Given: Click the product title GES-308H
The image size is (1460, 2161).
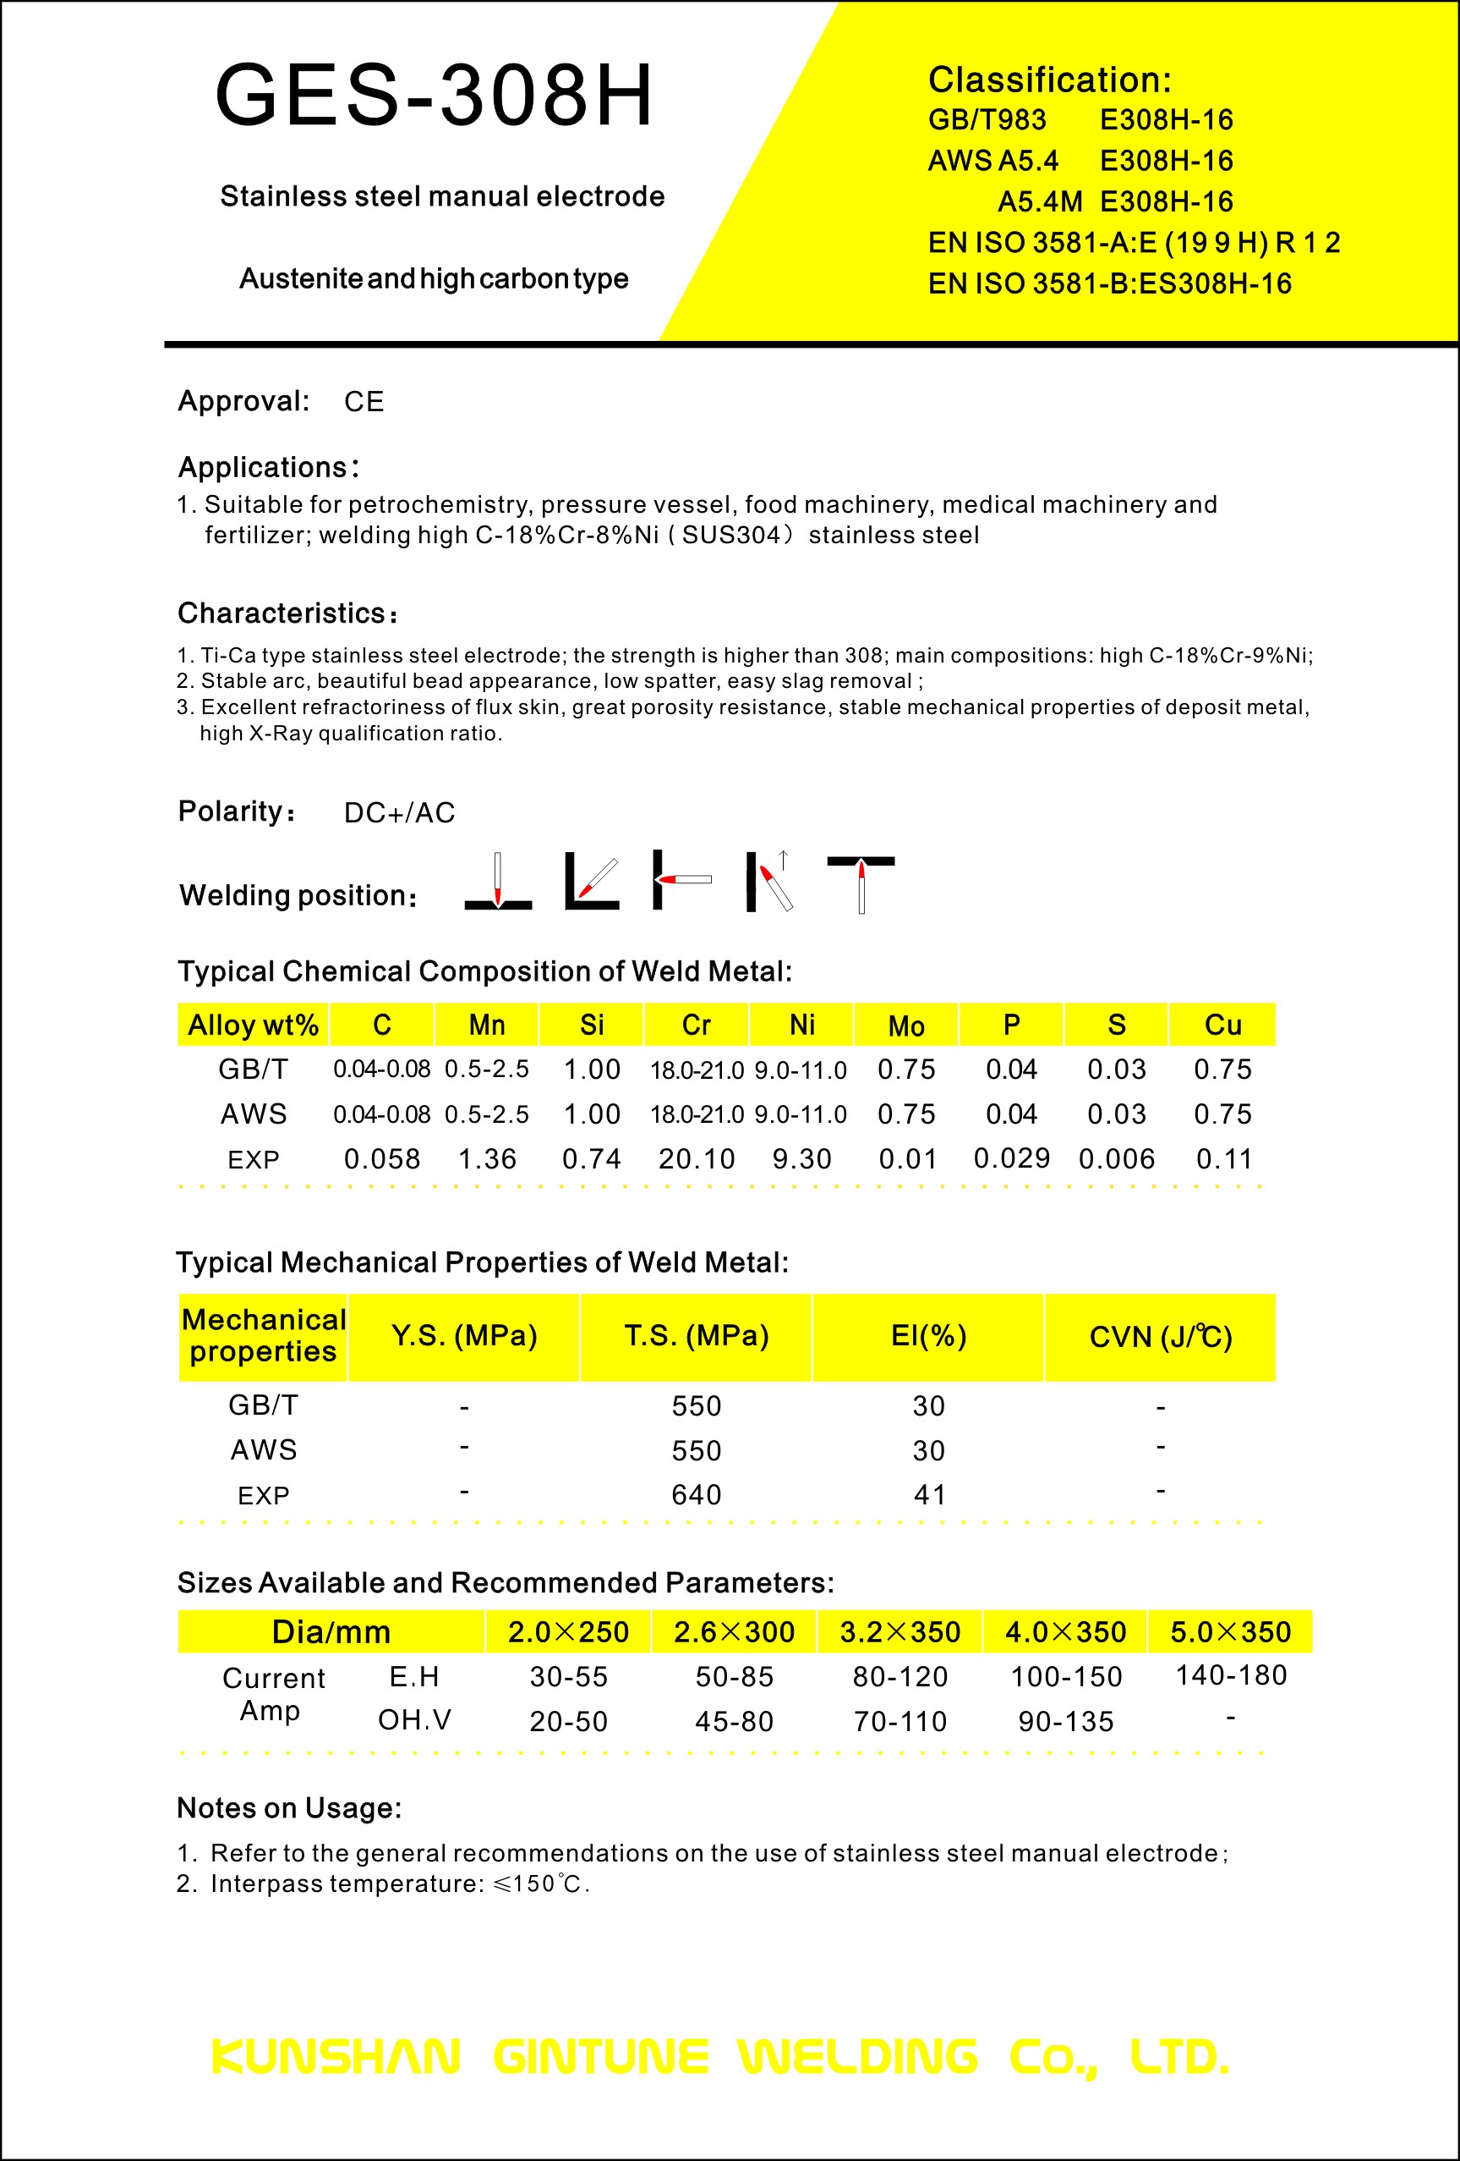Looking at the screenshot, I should point(434,95).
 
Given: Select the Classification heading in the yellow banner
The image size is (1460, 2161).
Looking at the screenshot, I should point(1049,80).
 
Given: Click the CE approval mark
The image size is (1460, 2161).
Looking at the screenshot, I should point(364,402).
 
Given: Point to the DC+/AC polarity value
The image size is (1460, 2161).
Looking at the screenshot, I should point(399,812).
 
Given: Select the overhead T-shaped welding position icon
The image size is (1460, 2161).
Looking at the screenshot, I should point(861,883).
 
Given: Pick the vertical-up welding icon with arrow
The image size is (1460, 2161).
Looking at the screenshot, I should point(769,882).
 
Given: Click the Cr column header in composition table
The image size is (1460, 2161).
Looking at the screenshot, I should point(696,1025).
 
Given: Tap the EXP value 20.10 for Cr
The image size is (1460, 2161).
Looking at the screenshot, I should point(696,1159).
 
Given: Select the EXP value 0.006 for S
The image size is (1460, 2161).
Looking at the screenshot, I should point(1116,1159).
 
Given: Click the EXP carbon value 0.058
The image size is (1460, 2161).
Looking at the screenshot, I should point(382,1159).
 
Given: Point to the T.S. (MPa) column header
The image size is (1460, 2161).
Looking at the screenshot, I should point(696,1336).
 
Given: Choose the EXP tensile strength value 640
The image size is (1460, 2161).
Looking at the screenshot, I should point(696,1495).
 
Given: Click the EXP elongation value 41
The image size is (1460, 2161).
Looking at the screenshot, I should point(929,1495).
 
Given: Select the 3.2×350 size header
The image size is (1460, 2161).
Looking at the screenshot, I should point(900,1632).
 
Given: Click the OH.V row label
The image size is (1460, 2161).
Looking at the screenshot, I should point(414,1720).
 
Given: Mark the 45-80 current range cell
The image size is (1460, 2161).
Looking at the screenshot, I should point(734,1721).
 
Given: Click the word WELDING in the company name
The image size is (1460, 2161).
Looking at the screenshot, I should point(857,2057).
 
